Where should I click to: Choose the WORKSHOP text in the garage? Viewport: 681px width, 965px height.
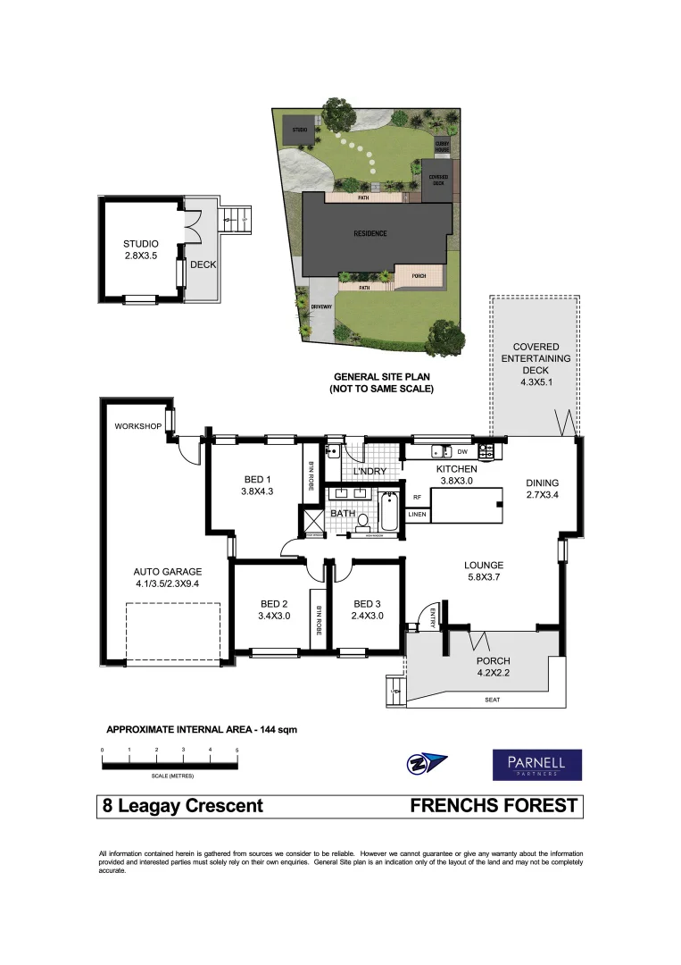tap(137, 426)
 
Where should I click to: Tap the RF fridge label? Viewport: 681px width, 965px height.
tap(416, 498)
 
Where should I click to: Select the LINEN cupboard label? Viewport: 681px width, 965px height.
tap(417, 515)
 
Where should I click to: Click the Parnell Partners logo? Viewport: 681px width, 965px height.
tap(537, 765)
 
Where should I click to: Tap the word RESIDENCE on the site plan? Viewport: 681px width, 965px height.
tap(370, 234)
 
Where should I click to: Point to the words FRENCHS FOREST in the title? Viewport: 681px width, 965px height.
tap(493, 806)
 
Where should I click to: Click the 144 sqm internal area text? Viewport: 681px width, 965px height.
tap(276, 729)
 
